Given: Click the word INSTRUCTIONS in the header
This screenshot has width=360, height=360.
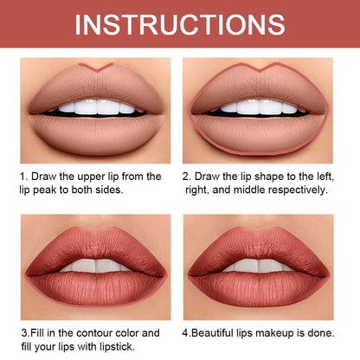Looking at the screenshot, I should [179, 23].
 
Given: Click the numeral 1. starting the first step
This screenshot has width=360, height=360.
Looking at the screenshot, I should [24, 176].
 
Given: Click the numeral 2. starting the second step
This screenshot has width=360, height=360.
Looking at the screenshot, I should [187, 176].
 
